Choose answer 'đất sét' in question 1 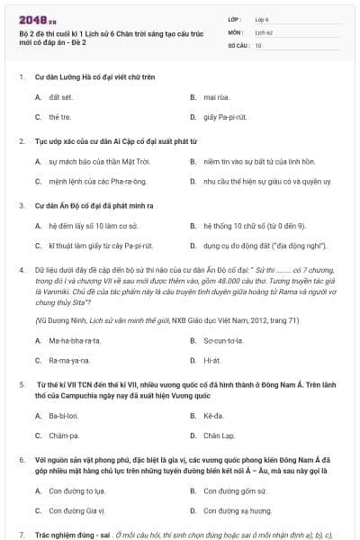tap(60, 97)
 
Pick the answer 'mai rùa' tap(215, 97)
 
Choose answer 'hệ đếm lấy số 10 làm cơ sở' tap(93, 226)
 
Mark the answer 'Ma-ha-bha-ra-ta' tap(75, 340)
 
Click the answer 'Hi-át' tap(212, 360)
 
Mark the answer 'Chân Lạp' tap(219, 436)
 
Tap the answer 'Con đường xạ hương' tap(238, 511)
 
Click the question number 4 tap(21, 269)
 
